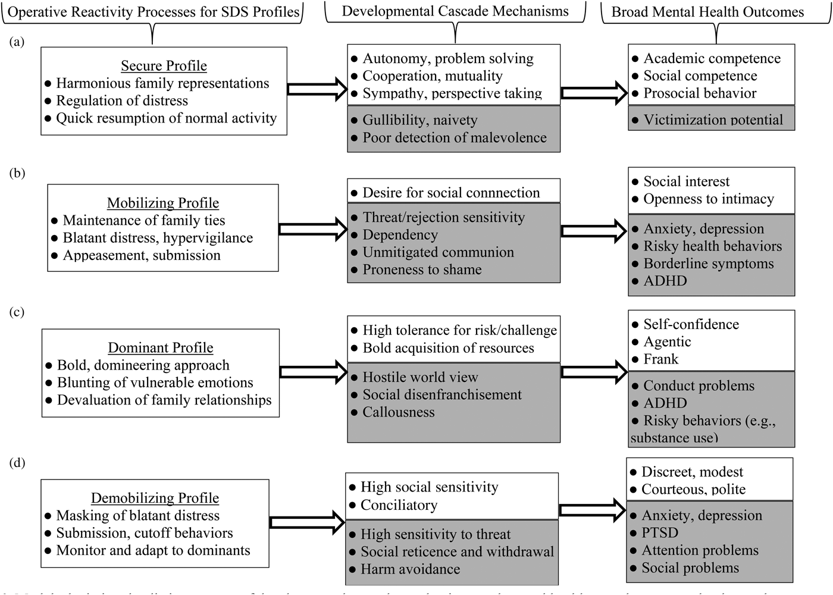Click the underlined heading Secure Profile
(164, 65)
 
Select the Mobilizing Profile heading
(162, 203)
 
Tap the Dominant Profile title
(160, 347)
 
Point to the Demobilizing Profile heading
(155, 498)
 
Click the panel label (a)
(17, 41)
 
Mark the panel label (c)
(17, 312)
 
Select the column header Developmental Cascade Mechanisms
(455, 11)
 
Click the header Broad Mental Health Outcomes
(707, 12)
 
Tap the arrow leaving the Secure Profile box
(317, 89)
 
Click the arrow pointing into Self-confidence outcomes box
(594, 372)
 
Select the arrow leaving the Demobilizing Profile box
(306, 522)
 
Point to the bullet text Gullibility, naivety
(419, 120)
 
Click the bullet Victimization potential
(713, 120)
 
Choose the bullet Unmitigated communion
(438, 252)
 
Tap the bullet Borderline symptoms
(708, 264)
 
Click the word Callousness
(398, 412)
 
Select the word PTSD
(659, 533)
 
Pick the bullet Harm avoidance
(410, 569)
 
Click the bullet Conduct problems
(699, 386)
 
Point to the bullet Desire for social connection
(451, 193)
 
